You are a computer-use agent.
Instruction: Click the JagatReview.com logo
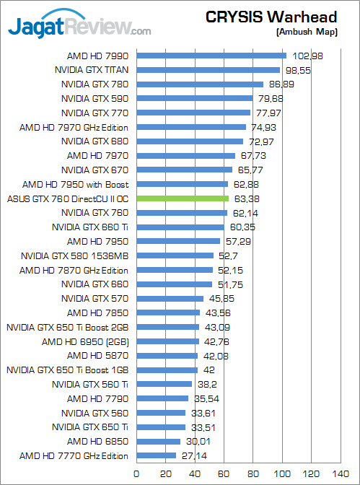pyautogui.click(x=79, y=28)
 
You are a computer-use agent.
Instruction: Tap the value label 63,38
pyautogui.click(x=245, y=198)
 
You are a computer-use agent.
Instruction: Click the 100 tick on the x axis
pyautogui.click(x=283, y=474)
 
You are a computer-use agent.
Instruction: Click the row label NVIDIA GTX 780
pyautogui.click(x=95, y=84)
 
